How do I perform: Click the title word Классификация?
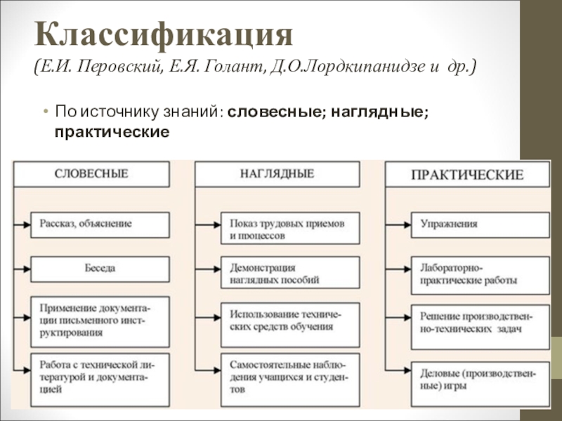(164, 33)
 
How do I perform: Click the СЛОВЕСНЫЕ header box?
(91, 174)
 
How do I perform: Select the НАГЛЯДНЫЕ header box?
(277, 174)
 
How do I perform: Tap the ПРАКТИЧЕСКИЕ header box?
(466, 175)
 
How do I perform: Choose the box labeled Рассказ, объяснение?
(100, 225)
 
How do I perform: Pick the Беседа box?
(100, 269)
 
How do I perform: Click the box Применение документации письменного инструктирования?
(100, 321)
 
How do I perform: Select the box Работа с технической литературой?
(100, 379)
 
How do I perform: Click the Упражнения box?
(480, 225)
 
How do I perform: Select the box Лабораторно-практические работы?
(480, 274)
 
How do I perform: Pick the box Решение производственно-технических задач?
(480, 321)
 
